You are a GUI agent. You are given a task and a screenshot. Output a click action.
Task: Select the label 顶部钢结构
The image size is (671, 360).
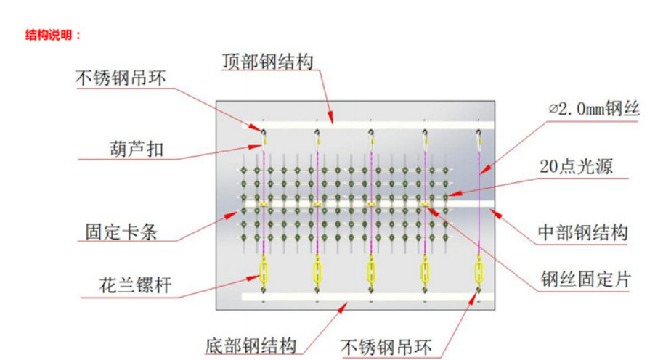[x=267, y=62]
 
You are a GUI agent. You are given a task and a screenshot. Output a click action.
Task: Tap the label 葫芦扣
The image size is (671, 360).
[x=137, y=150]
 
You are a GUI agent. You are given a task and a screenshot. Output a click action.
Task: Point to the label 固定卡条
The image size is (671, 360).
[x=121, y=232]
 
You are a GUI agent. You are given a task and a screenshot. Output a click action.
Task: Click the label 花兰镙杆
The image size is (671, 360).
[x=135, y=285]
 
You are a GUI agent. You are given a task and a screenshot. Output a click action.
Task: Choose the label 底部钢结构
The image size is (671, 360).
[x=251, y=346]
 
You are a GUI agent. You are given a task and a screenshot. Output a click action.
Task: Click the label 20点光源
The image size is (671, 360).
[x=577, y=166]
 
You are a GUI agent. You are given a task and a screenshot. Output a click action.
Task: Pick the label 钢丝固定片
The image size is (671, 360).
[x=585, y=279]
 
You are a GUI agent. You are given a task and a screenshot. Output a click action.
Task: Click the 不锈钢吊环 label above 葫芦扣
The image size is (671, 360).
[x=121, y=78]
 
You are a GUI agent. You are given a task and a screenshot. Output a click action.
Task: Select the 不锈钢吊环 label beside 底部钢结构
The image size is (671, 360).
[x=386, y=347]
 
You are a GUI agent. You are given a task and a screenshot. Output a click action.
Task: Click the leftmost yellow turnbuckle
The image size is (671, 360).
[x=264, y=273]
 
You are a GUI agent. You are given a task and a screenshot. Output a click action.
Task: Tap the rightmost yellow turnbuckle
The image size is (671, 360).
[x=479, y=273]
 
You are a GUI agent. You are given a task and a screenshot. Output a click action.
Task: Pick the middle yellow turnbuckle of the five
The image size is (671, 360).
[x=371, y=273]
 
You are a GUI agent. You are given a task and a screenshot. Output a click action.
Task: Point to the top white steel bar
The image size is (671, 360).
[x=368, y=126]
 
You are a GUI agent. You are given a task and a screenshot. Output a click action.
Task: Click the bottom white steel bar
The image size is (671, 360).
[x=368, y=297]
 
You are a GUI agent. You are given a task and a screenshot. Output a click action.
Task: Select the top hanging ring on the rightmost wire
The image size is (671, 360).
[x=479, y=133]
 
